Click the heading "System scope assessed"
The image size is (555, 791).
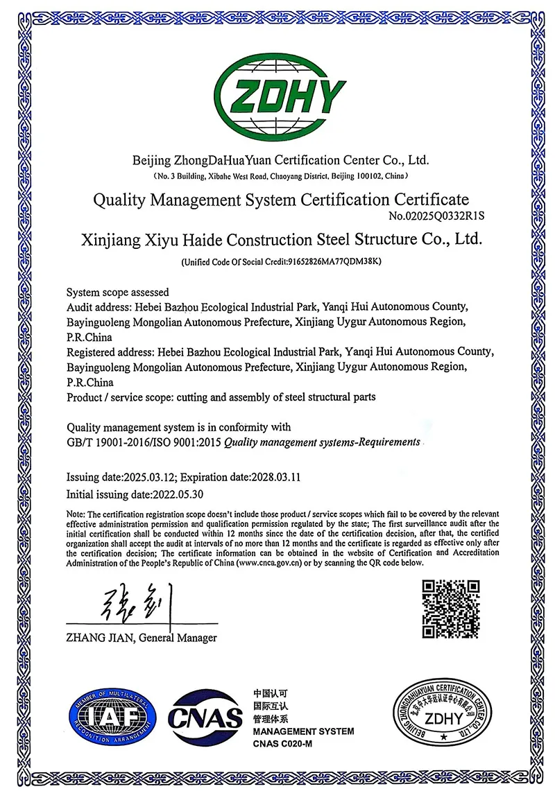coord(117,292)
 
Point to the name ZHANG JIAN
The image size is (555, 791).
coord(96,638)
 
